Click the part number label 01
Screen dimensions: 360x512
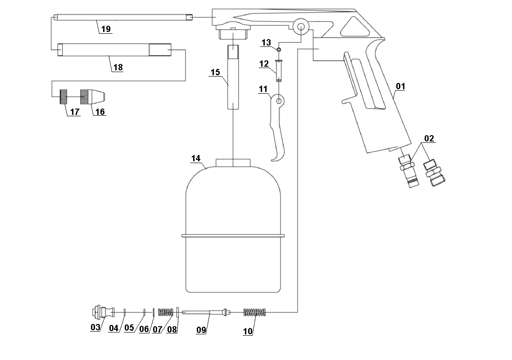pos(400,86)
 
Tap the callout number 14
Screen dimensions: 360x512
pos(195,159)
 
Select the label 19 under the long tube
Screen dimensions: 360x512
pos(106,29)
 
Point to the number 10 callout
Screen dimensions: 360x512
pos(248,331)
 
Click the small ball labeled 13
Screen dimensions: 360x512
pos(279,50)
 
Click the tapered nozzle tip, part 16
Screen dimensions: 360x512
pos(93,96)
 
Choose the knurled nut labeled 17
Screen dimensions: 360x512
pos(63,96)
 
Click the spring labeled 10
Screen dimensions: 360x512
pos(255,312)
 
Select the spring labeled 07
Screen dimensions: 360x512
pos(166,312)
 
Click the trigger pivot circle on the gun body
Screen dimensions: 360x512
pos(299,26)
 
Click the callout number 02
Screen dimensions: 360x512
pos(429,138)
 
